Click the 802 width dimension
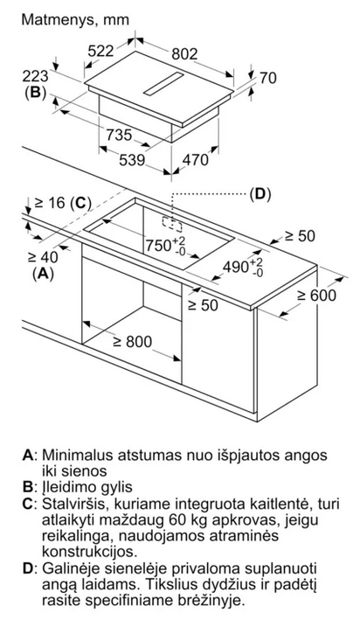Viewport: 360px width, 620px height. [184, 54]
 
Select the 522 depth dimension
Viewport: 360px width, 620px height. [100, 51]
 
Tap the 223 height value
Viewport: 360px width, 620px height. [35, 76]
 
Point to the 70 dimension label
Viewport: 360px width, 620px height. [268, 78]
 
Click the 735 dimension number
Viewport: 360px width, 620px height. [119, 135]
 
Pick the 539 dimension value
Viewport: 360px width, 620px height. [132, 160]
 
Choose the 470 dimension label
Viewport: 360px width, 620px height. [195, 159]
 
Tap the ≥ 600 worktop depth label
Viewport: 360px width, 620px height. [316, 295]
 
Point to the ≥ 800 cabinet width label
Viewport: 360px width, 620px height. [133, 341]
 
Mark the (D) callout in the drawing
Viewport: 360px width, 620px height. [260, 194]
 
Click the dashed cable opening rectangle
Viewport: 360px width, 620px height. [172, 224]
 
